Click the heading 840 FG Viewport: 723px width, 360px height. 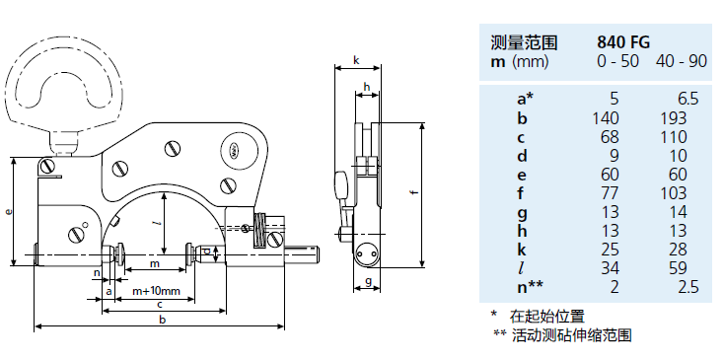(622, 42)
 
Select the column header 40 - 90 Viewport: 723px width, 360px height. (682, 61)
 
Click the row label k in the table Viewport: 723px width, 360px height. (524, 249)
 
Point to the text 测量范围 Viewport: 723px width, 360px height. (524, 42)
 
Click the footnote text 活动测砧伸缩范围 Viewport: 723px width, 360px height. (572, 335)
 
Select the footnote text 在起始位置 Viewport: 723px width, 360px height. (546, 317)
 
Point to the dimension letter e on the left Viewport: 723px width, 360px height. (9, 211)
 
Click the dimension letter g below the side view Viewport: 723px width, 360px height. (365, 281)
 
